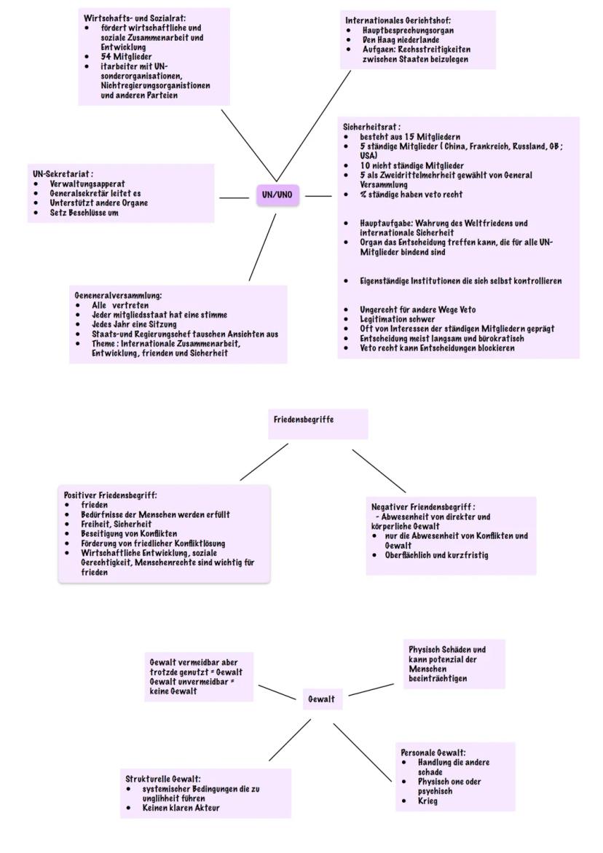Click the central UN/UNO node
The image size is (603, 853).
coord(276,195)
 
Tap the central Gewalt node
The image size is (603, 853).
coord(321,699)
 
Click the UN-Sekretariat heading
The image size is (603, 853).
coord(62,175)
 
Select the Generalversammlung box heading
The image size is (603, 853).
coord(118,296)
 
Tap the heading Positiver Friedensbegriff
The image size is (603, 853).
coord(110,495)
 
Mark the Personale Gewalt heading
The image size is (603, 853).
coord(433,752)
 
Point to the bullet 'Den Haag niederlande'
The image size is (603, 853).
coord(401,40)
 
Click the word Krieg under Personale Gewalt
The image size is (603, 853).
coord(428,801)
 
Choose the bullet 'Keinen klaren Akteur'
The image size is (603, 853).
coord(181,807)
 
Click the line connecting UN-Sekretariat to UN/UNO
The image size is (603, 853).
coord(234,196)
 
